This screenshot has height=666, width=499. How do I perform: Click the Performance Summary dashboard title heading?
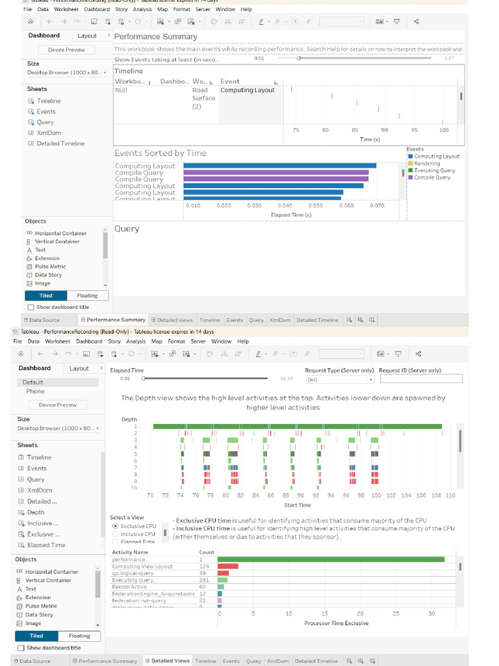tap(155, 36)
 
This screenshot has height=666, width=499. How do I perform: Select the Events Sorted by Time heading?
tap(160, 153)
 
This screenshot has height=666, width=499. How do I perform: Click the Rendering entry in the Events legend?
tap(427, 163)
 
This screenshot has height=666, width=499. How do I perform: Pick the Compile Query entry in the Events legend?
tap(432, 177)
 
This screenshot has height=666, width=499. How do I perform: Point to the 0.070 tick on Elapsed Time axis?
tap(377, 206)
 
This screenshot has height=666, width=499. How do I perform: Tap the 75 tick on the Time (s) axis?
tap(296, 130)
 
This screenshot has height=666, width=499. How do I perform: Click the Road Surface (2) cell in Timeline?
tap(203, 98)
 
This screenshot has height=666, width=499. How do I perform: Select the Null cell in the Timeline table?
tap(122, 90)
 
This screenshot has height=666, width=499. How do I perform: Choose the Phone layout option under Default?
tap(36, 392)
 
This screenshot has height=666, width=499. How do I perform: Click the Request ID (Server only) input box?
tap(421, 379)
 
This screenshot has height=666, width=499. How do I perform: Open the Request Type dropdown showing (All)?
tap(340, 379)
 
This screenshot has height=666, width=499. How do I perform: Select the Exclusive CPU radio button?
tap(116, 526)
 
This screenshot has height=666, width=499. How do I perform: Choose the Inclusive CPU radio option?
tap(116, 534)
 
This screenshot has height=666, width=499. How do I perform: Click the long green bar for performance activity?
tap(331, 559)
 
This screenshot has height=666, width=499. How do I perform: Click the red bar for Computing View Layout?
tap(228, 566)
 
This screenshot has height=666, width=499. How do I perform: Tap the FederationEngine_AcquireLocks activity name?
tap(153, 593)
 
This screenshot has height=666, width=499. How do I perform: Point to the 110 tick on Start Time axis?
tap(450, 496)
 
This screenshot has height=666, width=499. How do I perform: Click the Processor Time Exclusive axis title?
tap(337, 623)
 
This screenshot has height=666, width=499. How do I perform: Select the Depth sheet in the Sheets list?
tap(36, 513)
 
